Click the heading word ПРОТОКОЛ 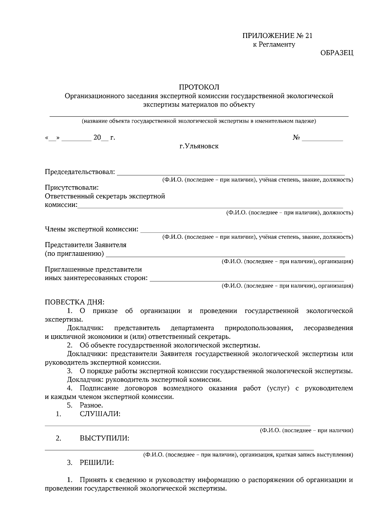[199, 87]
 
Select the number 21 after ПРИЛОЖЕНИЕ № [309, 36]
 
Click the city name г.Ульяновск [199, 146]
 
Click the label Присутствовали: [72, 187]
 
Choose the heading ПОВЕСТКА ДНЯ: [75, 302]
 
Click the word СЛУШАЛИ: [100, 414]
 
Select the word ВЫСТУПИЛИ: [104, 438]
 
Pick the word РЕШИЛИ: [96, 463]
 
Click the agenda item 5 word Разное [91, 405]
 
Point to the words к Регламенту [274, 44]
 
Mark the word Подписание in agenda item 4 [99, 388]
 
